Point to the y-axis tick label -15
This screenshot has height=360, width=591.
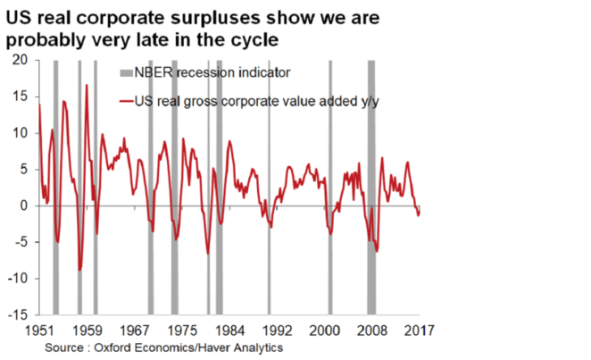pyautogui.click(x=19, y=315)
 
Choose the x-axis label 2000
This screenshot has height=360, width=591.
pyautogui.click(x=324, y=330)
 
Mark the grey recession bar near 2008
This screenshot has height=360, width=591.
pyautogui.click(x=371, y=188)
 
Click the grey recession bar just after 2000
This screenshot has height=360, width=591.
pyautogui.click(x=330, y=188)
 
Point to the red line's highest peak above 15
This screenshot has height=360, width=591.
pyautogui.click(x=87, y=86)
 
